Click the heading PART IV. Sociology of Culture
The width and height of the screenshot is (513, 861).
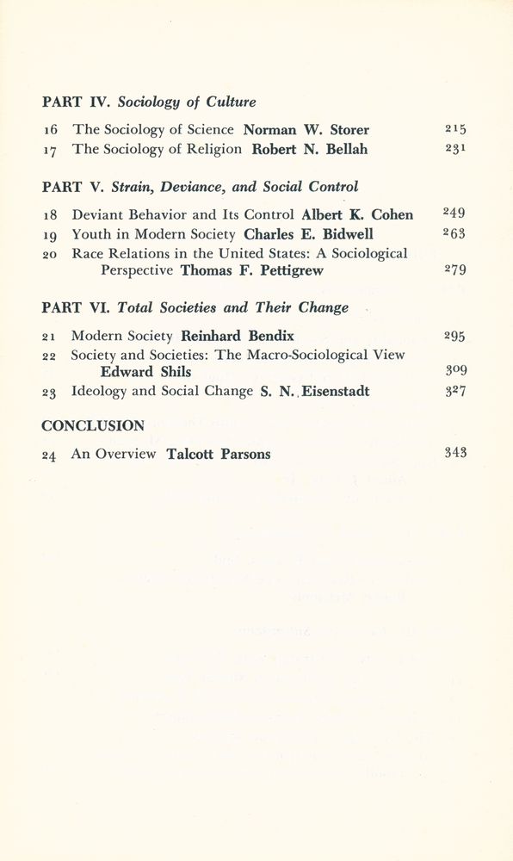click(x=149, y=102)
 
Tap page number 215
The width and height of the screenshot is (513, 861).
click(x=455, y=129)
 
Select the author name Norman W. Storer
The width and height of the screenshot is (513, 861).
click(x=306, y=130)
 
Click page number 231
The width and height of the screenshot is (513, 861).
click(x=455, y=148)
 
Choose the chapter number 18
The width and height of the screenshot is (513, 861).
click(x=51, y=214)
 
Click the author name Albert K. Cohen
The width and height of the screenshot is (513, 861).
click(x=357, y=214)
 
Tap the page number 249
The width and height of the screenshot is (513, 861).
click(x=455, y=213)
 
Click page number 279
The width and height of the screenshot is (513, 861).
click(x=455, y=269)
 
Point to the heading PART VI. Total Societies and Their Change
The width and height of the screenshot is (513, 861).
click(x=195, y=307)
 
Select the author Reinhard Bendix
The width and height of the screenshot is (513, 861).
click(x=238, y=336)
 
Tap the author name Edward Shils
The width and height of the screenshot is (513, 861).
click(x=145, y=372)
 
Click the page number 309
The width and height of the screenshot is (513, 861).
click(x=455, y=371)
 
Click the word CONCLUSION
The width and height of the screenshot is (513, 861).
click(x=93, y=425)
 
